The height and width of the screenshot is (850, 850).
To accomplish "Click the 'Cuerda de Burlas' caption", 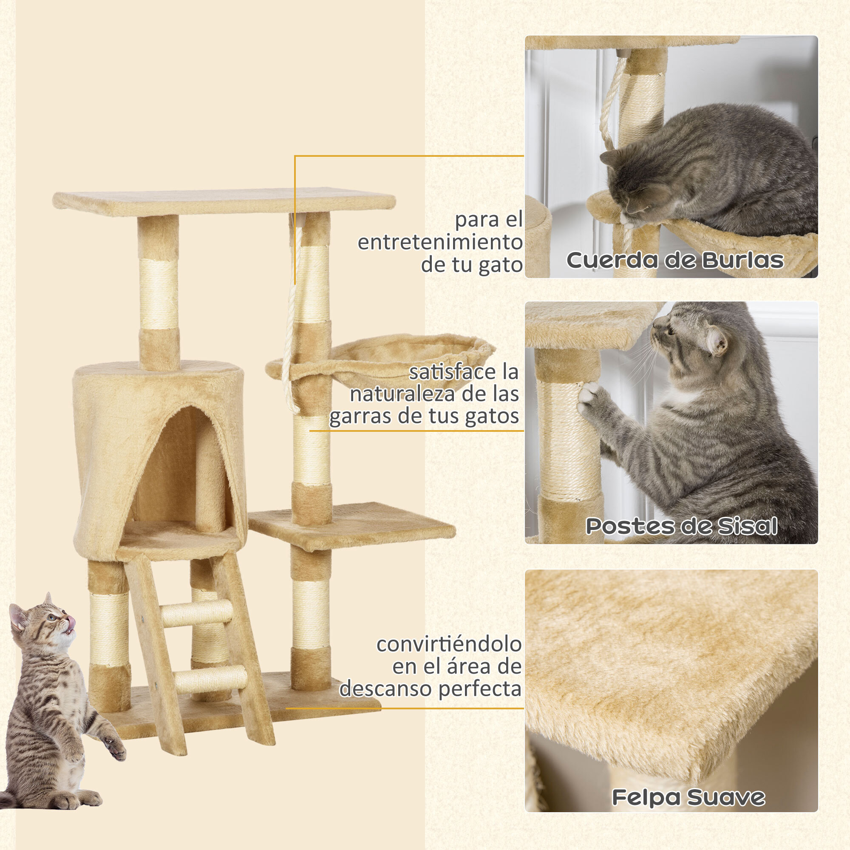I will pyautogui.click(x=674, y=261).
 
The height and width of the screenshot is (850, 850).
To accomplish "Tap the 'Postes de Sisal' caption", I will pyautogui.click(x=681, y=526).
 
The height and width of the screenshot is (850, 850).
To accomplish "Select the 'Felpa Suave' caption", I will pyautogui.click(x=688, y=797).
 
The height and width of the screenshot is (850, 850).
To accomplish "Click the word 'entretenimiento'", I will pyautogui.click(x=439, y=242).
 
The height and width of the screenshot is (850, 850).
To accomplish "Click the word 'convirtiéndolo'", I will pyautogui.click(x=449, y=645).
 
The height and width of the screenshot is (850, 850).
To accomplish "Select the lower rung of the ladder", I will pyautogui.click(x=211, y=679).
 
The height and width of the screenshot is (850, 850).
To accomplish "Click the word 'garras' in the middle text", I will pyautogui.click(x=361, y=416).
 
